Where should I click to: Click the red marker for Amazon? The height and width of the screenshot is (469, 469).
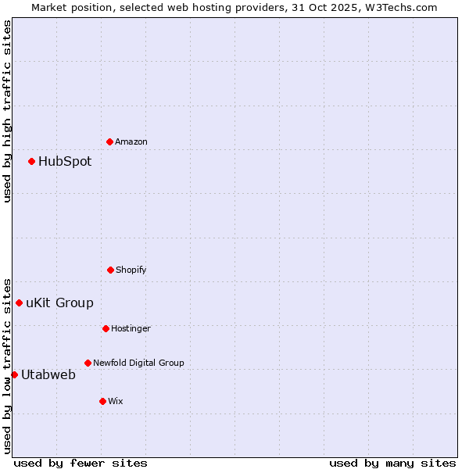pyautogui.click(x=109, y=141)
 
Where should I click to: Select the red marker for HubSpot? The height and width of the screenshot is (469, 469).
pyautogui.click(x=31, y=161)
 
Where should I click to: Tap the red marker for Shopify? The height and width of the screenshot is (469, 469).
pyautogui.click(x=110, y=270)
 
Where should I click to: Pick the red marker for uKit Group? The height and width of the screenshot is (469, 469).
pyautogui.click(x=19, y=303)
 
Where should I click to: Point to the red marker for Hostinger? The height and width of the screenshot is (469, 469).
pyautogui.click(x=106, y=328)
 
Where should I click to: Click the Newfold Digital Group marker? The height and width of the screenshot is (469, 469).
pyautogui.click(x=88, y=363)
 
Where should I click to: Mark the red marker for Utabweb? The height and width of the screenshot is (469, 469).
pyautogui.click(x=14, y=374)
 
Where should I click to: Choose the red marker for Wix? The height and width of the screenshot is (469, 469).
pyautogui.click(x=102, y=401)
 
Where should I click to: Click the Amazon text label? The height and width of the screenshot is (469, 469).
pyautogui.click(x=131, y=141)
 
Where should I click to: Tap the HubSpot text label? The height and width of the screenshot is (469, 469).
pyautogui.click(x=65, y=162)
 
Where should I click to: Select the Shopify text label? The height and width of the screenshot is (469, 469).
pyautogui.click(x=131, y=270)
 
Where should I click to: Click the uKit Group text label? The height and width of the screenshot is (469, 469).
pyautogui.click(x=59, y=303)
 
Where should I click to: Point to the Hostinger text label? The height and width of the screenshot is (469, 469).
pyautogui.click(x=131, y=328)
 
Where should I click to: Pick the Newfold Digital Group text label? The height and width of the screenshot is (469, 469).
pyautogui.click(x=138, y=363)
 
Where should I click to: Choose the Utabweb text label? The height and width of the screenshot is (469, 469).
pyautogui.click(x=48, y=375)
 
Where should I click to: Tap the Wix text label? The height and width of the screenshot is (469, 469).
pyautogui.click(x=116, y=401)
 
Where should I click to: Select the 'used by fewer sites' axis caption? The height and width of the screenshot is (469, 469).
pyautogui.click(x=81, y=463)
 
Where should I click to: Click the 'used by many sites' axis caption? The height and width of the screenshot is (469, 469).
pyautogui.click(x=392, y=463)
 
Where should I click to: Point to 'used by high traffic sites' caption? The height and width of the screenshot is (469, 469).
pyautogui.click(x=7, y=111)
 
